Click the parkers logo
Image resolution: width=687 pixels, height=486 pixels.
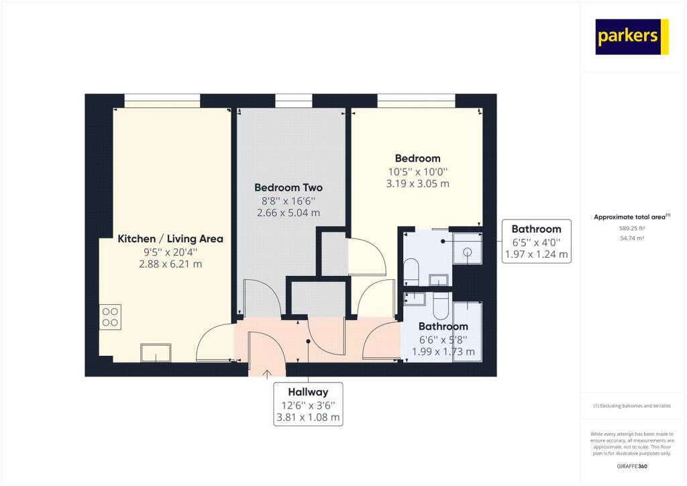[632, 37]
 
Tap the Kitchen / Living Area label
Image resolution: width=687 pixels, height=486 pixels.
[170, 239]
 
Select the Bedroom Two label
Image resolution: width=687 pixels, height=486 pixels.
[288, 187]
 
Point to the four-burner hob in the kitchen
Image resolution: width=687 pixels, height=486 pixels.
[110, 317]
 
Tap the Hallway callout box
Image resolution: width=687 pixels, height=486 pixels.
[308, 404]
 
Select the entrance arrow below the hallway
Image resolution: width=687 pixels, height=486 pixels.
[266, 374]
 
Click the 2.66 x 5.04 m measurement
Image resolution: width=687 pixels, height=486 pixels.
[288, 213]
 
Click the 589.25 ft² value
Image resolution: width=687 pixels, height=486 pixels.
[632, 228]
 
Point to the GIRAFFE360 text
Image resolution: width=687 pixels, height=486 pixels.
[632, 467]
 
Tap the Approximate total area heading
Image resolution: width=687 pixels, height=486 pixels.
[632, 217]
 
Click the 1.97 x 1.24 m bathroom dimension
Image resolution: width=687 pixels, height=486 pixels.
[536, 254]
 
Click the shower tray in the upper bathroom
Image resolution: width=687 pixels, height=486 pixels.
[466, 249]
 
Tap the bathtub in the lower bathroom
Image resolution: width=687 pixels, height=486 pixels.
[468, 332]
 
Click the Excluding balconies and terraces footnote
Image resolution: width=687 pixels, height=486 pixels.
[632, 406]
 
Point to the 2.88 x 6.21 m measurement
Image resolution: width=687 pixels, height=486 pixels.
[170, 264]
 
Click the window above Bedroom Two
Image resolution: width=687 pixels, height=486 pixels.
[294, 101]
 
